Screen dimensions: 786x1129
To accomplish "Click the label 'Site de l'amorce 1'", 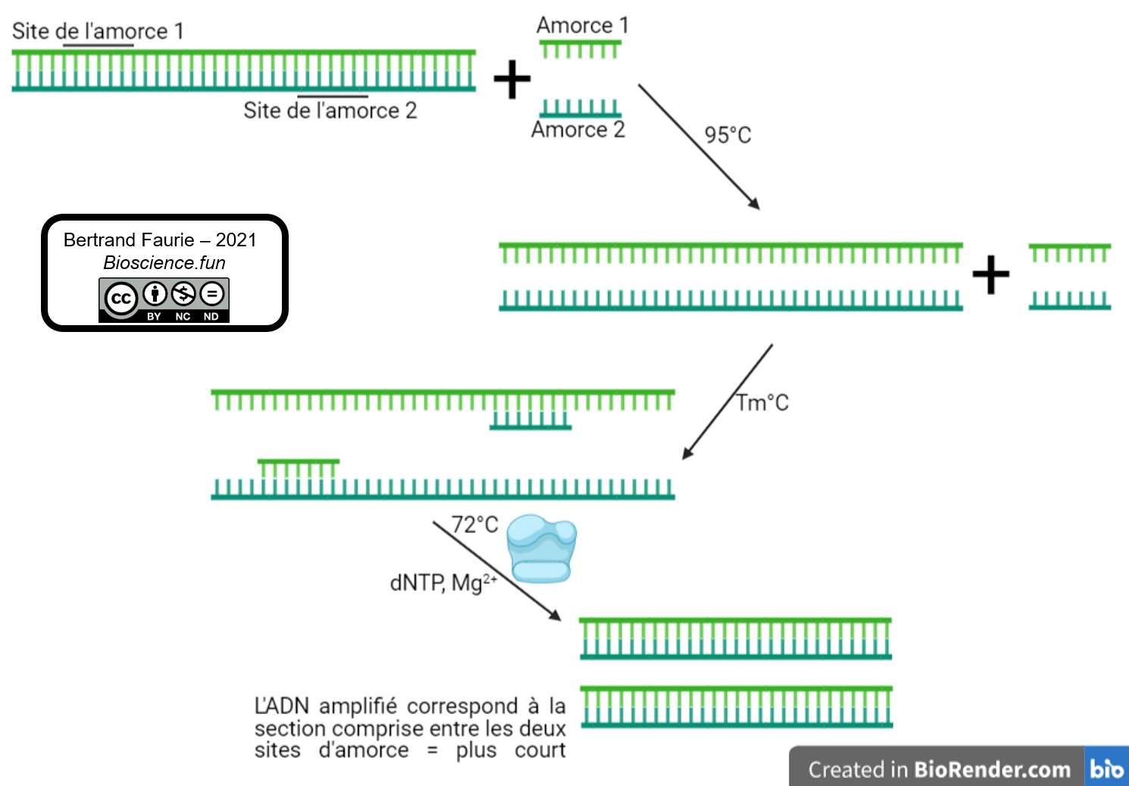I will (x=98, y=31).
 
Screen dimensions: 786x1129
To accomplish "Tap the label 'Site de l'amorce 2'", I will (x=330, y=111).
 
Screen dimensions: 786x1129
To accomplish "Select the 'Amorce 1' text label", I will (x=582, y=25).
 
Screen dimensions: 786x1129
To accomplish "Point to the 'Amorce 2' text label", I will (x=577, y=130).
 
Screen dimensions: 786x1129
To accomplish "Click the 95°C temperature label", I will (x=727, y=135).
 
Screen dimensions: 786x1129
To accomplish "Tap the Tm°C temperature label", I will (x=762, y=402).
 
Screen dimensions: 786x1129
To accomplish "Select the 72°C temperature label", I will (x=474, y=525).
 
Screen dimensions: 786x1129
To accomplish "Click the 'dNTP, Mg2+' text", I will (x=443, y=583).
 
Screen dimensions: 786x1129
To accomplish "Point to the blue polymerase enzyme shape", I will (x=541, y=549).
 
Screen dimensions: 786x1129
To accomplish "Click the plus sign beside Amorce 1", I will (x=512, y=80).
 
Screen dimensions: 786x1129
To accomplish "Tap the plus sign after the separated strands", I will (x=991, y=274).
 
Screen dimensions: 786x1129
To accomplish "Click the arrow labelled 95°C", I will (x=698, y=146).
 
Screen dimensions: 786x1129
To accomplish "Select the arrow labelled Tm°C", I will (x=727, y=402).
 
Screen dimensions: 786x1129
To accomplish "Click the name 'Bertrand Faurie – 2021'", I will (x=160, y=240).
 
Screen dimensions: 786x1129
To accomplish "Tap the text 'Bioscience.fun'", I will (x=164, y=263).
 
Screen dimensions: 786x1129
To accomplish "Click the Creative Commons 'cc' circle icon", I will (x=120, y=299).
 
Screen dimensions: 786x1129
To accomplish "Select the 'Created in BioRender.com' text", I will (x=939, y=769).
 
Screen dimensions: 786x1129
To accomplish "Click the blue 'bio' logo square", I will (x=1106, y=768).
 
